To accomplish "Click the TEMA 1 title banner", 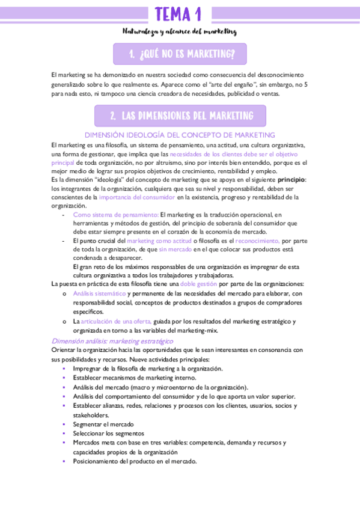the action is point(178,14).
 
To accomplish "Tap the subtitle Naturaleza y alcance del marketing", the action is point(180,31).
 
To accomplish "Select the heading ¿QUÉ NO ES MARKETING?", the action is point(180,55).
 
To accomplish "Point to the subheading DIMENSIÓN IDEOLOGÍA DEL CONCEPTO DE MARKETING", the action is point(180,135).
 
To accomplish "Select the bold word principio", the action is point(291,180).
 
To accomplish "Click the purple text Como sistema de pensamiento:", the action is point(115,215).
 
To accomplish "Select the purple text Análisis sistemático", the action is point(99,293).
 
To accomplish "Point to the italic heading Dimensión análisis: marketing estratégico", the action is point(112,341).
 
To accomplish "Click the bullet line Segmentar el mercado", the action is point(104,424).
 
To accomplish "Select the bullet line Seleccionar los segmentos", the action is point(108,433).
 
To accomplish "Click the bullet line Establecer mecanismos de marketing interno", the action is point(135,378).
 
